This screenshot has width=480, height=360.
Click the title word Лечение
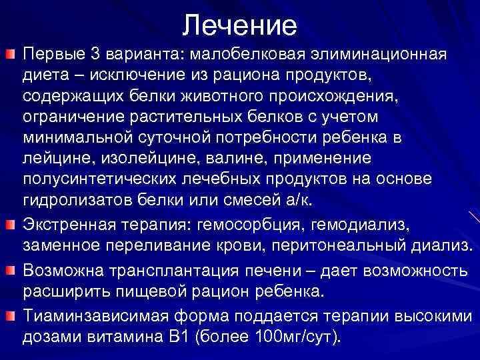point(240,25)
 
